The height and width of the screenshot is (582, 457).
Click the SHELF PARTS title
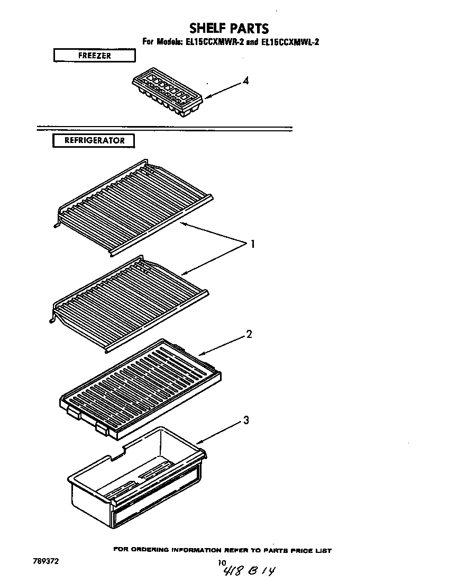coord(229,28)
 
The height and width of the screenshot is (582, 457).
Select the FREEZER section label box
coord(94,55)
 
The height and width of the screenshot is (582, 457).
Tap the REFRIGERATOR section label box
coord(94,141)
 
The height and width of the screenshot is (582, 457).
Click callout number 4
coord(245,81)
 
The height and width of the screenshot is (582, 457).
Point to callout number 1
coord(253,244)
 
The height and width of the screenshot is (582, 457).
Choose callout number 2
coord(249,334)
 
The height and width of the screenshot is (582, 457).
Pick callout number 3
coord(245,421)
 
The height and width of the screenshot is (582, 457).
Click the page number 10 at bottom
coord(222,562)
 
